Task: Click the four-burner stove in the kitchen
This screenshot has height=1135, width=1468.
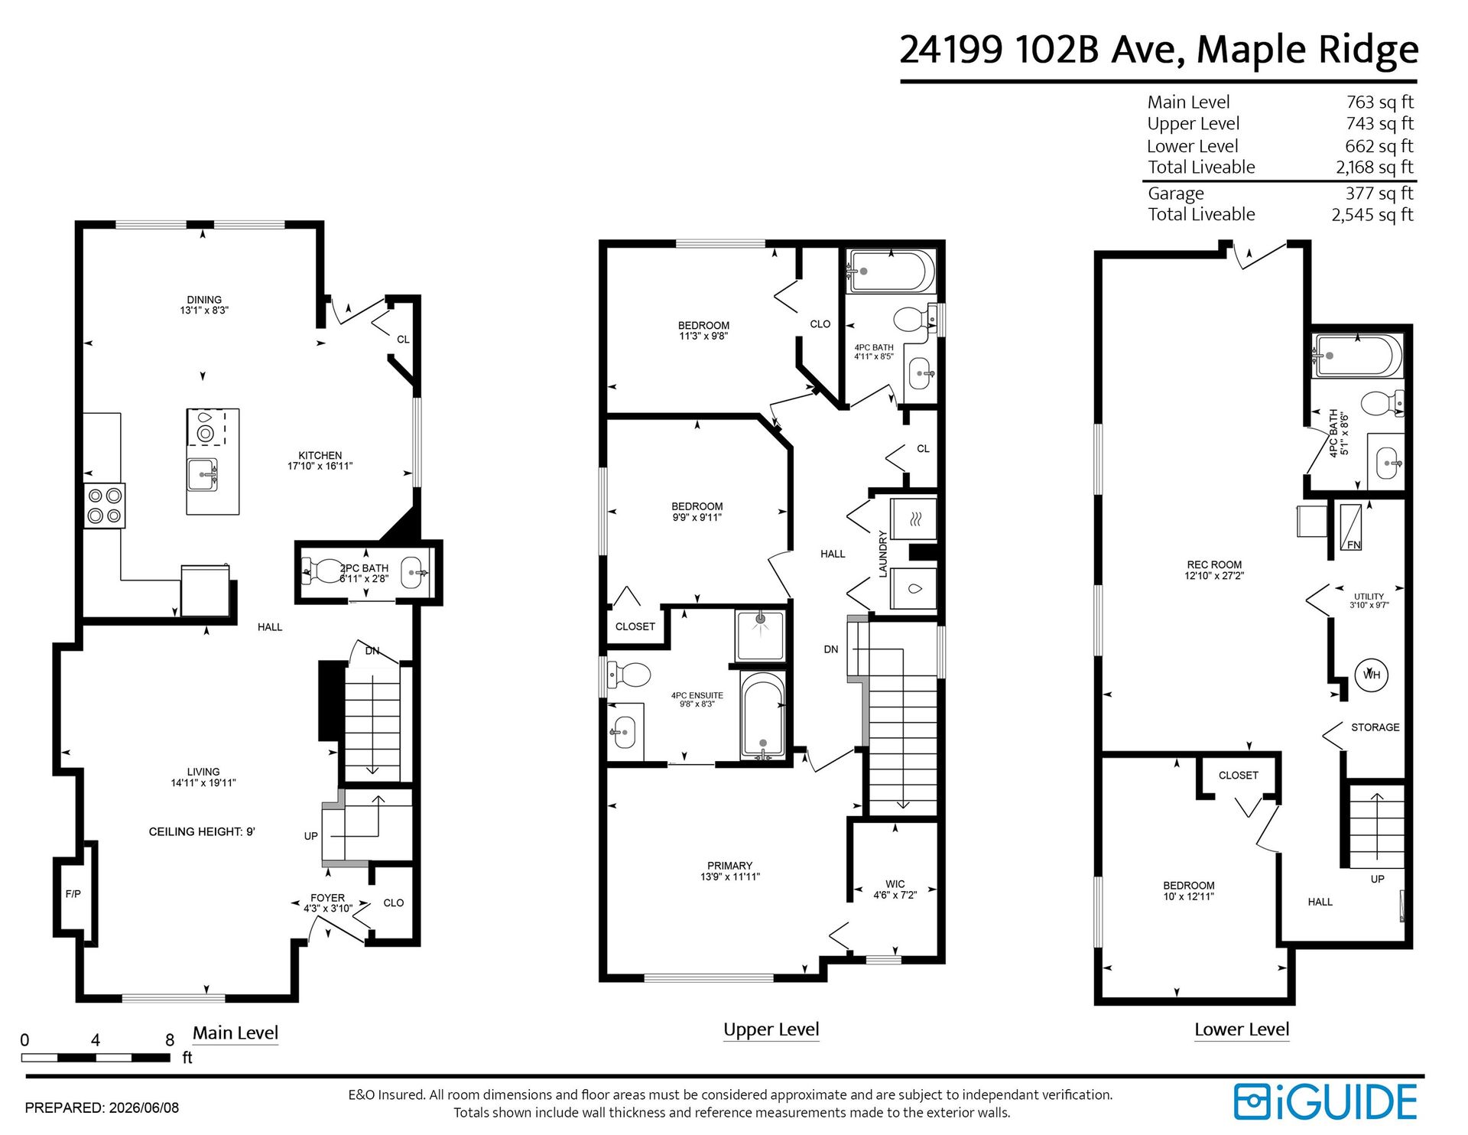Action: click(x=104, y=506)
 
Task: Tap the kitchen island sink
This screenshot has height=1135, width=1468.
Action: click(x=203, y=474)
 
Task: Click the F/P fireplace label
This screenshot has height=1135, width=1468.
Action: click(x=73, y=893)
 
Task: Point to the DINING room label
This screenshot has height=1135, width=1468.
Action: click(x=204, y=300)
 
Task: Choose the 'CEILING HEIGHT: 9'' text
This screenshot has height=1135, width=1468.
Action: click(x=202, y=831)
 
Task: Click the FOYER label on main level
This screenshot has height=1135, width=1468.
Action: click(x=327, y=898)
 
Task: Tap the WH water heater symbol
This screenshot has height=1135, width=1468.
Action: click(x=1372, y=675)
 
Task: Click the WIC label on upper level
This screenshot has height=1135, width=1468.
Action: click(x=895, y=884)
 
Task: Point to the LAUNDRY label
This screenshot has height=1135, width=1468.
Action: click(x=883, y=554)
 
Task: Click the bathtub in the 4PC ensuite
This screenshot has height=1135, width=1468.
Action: click(x=762, y=714)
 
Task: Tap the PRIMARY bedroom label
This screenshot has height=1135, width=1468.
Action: click(x=730, y=866)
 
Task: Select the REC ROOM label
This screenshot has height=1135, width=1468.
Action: click(x=1214, y=564)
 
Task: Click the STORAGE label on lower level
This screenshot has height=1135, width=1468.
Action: click(x=1375, y=727)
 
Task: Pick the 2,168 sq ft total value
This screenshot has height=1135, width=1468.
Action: click(x=1375, y=167)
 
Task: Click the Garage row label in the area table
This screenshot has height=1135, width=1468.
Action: click(x=1175, y=194)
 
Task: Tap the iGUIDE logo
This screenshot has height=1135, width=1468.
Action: click(x=1326, y=1101)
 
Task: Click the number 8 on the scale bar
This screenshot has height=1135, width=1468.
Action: click(x=170, y=1040)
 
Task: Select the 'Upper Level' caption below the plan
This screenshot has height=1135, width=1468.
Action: click(x=771, y=1029)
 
